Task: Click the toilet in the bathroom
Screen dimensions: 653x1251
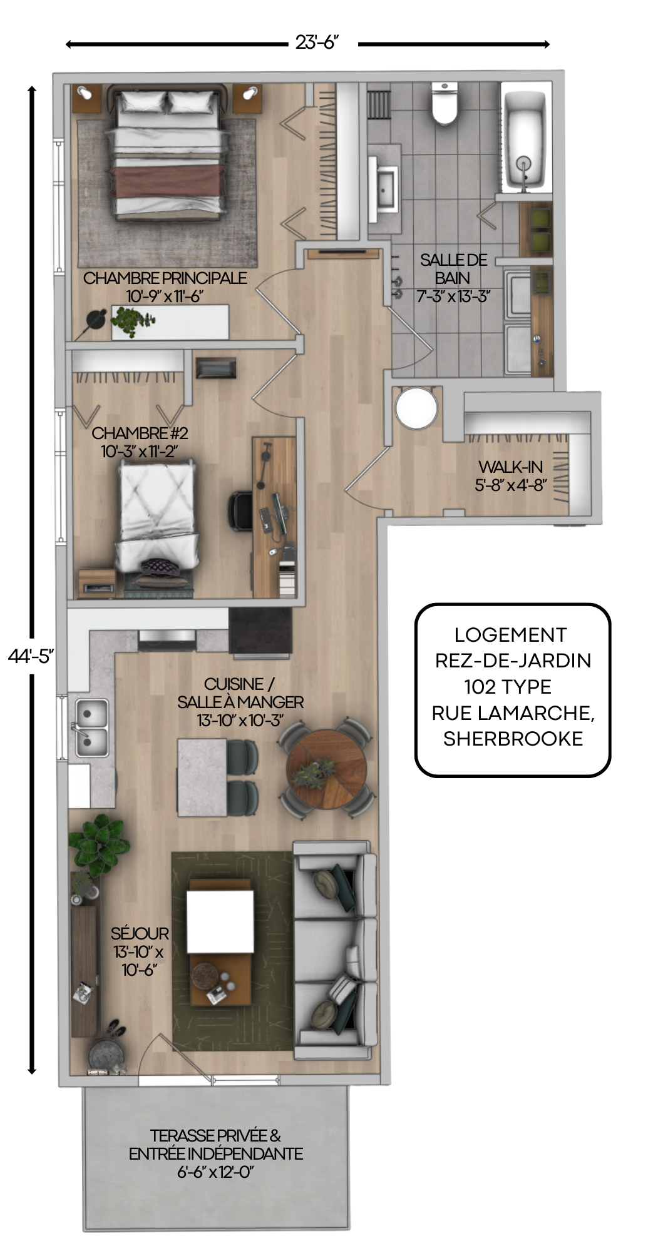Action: point(445,103)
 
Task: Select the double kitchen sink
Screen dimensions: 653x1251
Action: point(92,727)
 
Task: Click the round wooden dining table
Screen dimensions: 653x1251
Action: point(326,768)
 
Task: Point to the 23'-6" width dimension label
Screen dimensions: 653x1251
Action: point(317,43)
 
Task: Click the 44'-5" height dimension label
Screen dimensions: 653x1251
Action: point(31,656)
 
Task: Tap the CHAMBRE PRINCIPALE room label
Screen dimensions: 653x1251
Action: point(165,278)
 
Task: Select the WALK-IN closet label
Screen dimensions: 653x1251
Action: point(510,467)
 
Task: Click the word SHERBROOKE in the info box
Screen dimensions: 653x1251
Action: point(513,739)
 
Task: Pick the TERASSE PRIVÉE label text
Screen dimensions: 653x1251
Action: point(215,1135)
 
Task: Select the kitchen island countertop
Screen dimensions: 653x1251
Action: point(202,777)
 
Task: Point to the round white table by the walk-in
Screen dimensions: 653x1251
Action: point(416,408)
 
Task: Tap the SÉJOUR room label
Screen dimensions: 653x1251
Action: point(140,934)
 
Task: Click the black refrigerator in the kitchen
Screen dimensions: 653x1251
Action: point(260,631)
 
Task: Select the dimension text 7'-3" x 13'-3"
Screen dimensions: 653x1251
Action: point(453,296)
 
